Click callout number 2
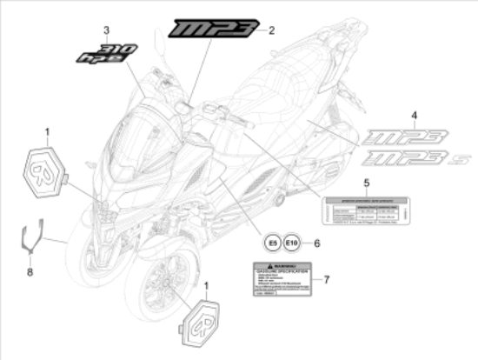(x=270, y=30)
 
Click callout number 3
(x=106, y=30)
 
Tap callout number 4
(x=365, y=116)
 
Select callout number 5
(x=366, y=183)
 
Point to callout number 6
(x=316, y=244)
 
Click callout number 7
(x=325, y=279)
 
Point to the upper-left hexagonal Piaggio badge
(x=42, y=166)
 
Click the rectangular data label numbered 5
(x=365, y=211)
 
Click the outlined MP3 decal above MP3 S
(x=406, y=137)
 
